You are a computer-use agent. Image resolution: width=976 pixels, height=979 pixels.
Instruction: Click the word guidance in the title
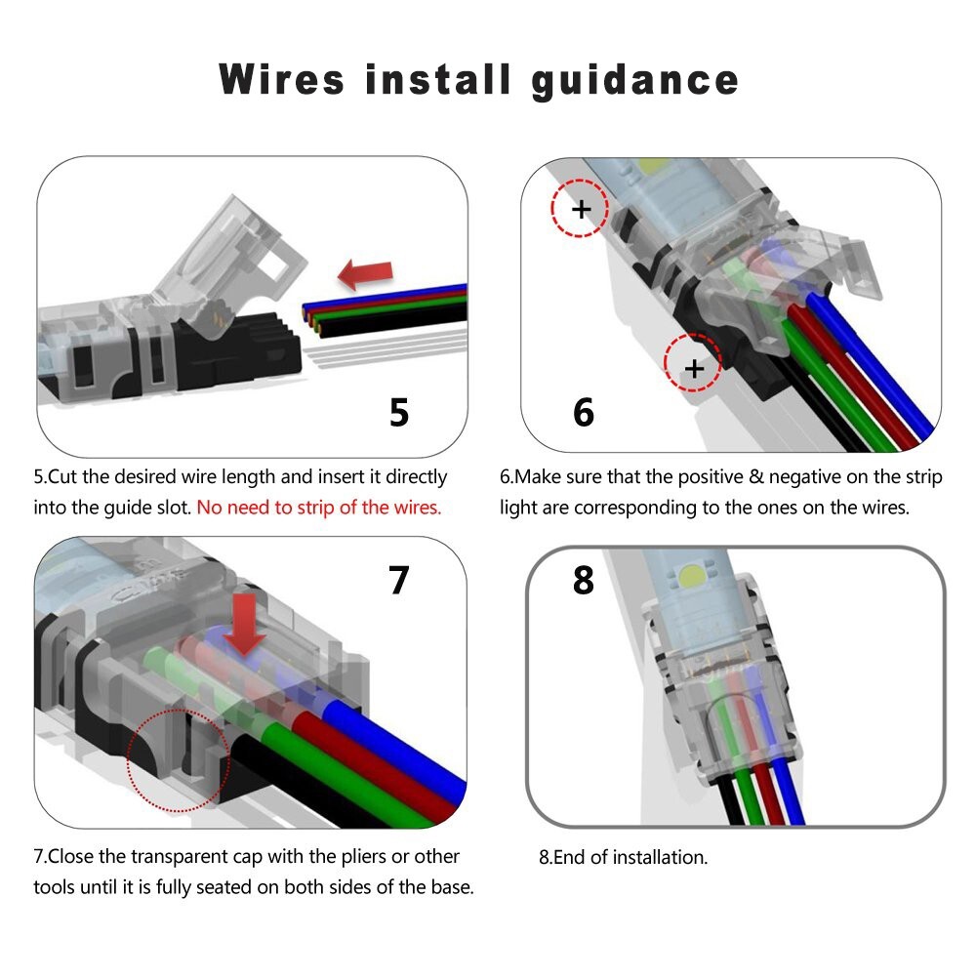coord(635,80)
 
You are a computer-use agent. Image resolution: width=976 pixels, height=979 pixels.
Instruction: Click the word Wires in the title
coord(282,78)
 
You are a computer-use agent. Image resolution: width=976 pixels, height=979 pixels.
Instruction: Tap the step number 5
coord(399,412)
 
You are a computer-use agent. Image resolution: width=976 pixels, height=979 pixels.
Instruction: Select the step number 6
coord(583,412)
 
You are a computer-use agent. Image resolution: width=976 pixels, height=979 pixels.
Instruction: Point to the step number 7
coord(398,580)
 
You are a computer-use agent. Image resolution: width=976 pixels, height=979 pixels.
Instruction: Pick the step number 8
coord(583,580)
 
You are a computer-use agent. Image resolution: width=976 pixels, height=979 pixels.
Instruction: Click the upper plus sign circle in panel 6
coord(580,208)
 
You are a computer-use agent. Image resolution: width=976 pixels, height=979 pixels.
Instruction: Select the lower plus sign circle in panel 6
coord(693,368)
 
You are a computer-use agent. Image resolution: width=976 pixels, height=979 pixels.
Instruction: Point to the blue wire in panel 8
coord(793,791)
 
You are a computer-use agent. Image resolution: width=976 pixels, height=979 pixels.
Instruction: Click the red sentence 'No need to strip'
coord(319,508)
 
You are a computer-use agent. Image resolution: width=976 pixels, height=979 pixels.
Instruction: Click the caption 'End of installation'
coord(623,858)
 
